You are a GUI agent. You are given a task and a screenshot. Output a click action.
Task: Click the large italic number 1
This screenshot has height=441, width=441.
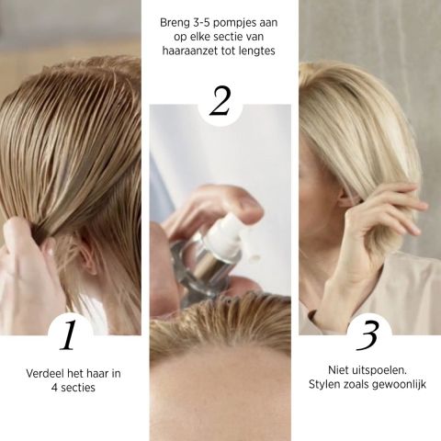69,334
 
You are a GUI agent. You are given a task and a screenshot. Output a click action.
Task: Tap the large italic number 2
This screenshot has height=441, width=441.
220,101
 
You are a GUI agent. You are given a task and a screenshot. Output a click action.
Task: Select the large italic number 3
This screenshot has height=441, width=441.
367,335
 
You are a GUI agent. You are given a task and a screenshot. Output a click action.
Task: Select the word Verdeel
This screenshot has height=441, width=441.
45,374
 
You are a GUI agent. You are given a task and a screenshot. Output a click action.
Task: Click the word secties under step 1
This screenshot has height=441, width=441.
78,388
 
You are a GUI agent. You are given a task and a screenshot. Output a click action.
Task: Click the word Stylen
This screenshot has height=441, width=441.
323,385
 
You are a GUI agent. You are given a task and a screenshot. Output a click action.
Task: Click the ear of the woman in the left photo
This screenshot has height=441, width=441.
88,256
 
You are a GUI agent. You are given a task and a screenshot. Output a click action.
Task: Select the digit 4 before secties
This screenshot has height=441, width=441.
54,388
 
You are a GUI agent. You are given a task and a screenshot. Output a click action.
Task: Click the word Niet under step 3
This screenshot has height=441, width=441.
339,370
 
